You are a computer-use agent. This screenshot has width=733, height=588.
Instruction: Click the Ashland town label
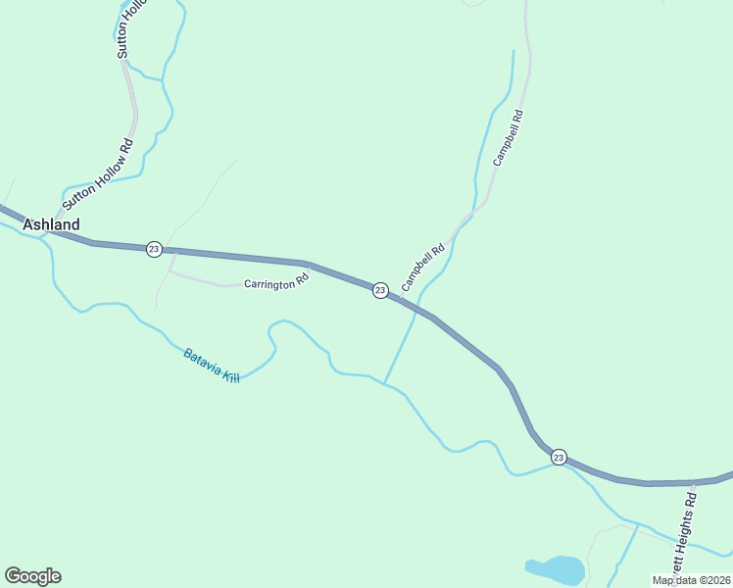51,224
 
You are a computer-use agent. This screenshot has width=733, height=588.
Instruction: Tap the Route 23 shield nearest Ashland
154,249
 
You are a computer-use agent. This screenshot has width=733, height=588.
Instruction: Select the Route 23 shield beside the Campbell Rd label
380,289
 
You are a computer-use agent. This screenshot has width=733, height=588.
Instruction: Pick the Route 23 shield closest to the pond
558,457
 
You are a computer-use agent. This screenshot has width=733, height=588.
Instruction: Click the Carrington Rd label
277,281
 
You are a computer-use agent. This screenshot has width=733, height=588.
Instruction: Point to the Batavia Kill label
211,365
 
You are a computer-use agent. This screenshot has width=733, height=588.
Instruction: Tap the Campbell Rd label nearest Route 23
423,267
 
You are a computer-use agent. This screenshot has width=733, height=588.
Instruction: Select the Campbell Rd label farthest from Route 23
509,137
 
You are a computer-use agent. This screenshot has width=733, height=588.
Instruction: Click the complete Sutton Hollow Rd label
97,174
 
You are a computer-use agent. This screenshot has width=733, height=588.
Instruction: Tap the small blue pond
556,569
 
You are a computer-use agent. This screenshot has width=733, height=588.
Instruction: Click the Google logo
32,576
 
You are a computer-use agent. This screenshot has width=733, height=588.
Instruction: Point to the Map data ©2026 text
691,580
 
